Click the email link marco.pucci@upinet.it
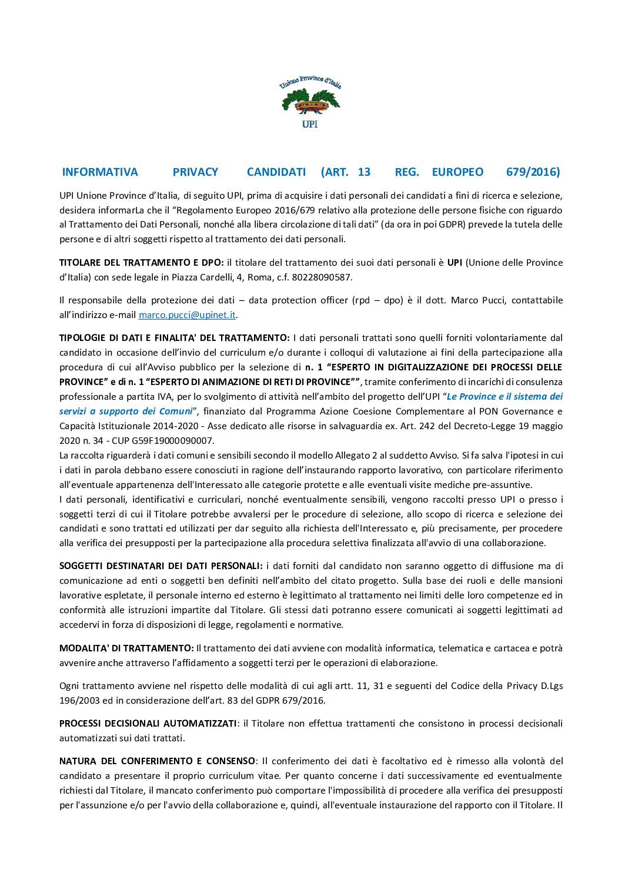pyautogui.click(x=187, y=315)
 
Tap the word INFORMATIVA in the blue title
pyautogui.click(x=100, y=172)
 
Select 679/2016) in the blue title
pyautogui.click(x=533, y=172)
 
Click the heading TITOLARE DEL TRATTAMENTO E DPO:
pyautogui.click(x=141, y=263)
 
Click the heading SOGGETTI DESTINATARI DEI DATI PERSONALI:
pyautogui.click(x=160, y=566)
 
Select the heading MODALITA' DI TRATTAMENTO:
pyautogui.click(x=126, y=648)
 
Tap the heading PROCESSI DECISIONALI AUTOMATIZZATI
pyautogui.click(x=148, y=724)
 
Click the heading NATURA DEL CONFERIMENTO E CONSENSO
pyautogui.click(x=157, y=761)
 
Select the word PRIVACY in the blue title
pyautogui.click(x=195, y=172)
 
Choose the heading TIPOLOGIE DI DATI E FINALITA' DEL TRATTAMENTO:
pyautogui.click(x=174, y=338)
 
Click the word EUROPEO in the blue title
pyautogui.click(x=457, y=172)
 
